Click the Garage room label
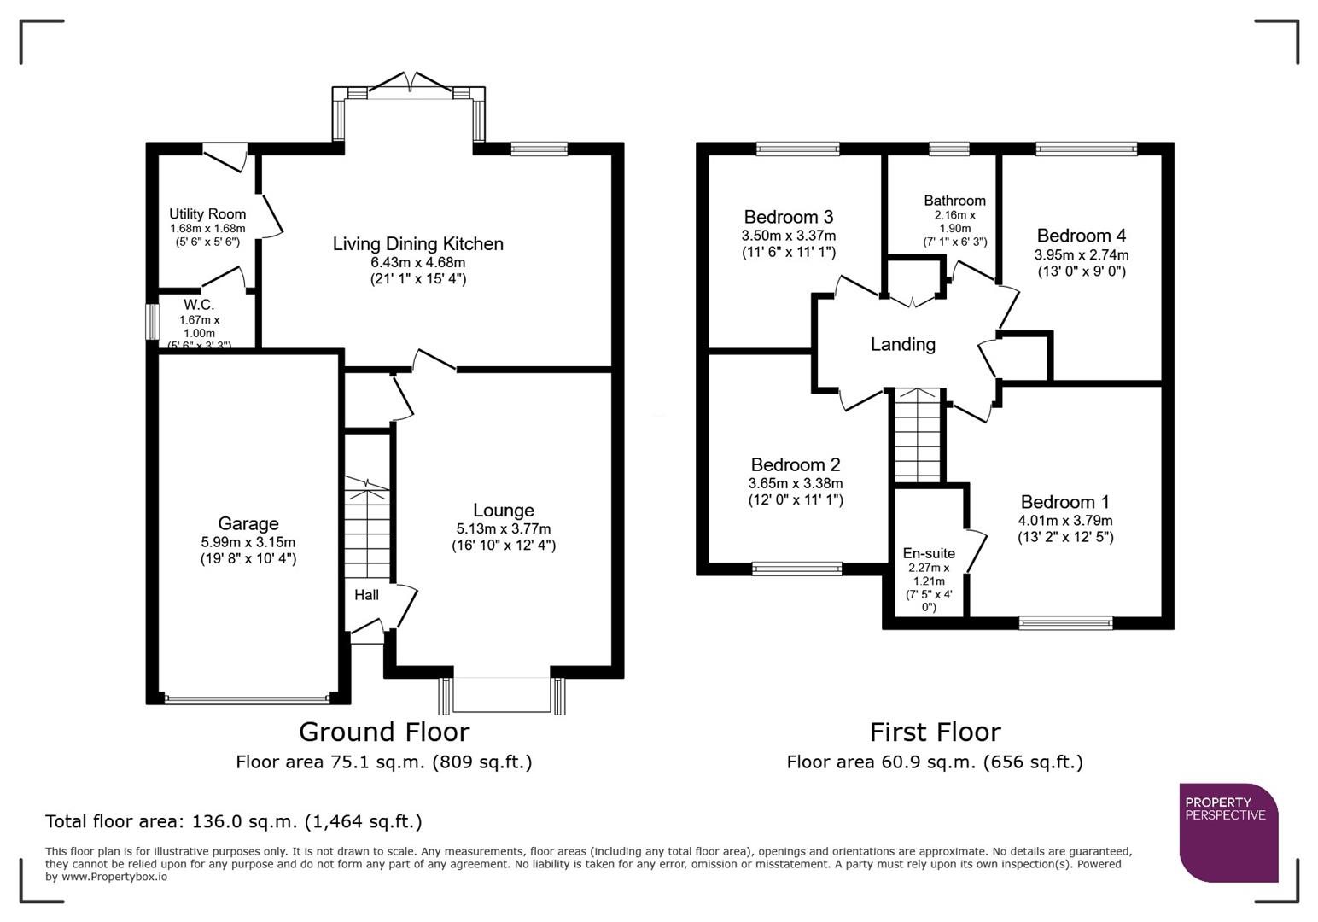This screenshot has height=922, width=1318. (248, 523)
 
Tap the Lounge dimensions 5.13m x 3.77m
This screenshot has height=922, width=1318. (503, 528)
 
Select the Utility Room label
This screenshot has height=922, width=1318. (207, 214)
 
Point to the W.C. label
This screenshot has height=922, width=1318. (199, 305)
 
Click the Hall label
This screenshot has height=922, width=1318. (366, 594)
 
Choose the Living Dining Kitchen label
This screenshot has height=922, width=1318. (417, 244)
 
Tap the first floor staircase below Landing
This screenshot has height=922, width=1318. (917, 435)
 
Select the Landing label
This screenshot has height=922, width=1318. (902, 344)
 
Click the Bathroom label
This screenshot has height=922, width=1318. (954, 201)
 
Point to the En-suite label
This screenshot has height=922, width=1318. (929, 553)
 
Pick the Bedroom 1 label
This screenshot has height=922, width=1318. (1064, 502)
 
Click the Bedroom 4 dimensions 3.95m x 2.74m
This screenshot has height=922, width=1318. (1081, 254)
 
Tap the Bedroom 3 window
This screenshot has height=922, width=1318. (797, 149)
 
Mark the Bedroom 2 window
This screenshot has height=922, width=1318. (796, 569)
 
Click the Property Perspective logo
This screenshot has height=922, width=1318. (1228, 832)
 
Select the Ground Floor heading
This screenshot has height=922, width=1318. (384, 732)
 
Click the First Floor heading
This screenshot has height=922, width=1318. (935, 732)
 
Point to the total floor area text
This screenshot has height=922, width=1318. (233, 821)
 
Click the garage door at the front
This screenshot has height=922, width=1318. (247, 699)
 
